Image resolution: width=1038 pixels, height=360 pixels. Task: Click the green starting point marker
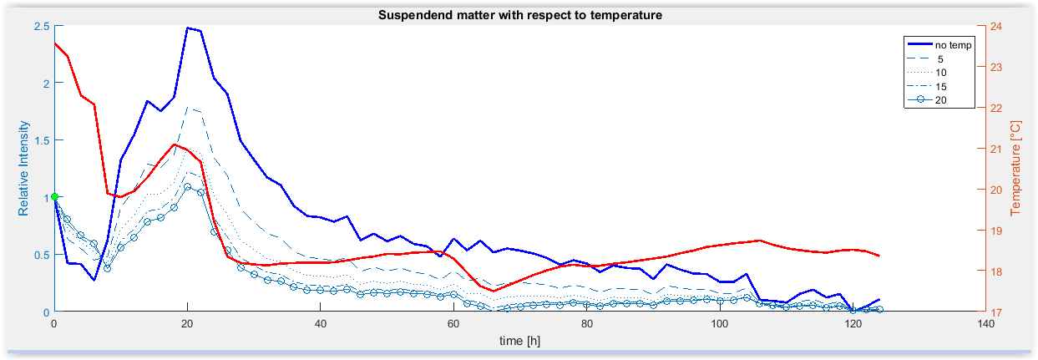tap(54, 197)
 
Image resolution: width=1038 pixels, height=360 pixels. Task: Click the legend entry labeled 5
tap(940, 58)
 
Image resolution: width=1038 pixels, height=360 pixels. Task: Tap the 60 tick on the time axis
tap(453, 325)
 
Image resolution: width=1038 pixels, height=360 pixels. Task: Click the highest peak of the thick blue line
tap(188, 28)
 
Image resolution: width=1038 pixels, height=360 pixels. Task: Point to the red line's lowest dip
tap(494, 291)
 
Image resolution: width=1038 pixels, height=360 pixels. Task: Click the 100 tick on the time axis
tap(719, 325)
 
